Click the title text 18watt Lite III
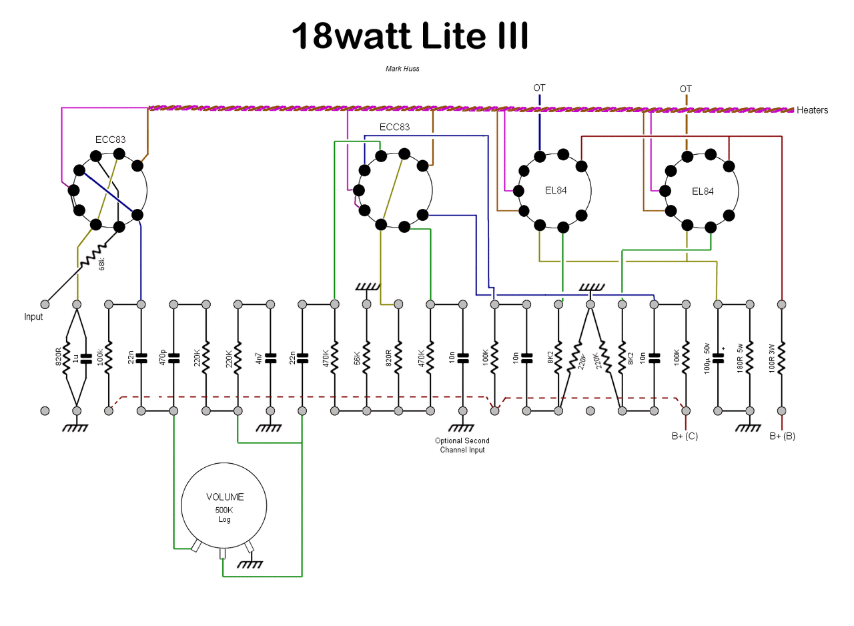(410, 35)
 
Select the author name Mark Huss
(402, 69)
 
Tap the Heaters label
(813, 110)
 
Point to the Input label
(33, 317)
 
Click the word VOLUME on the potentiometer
(225, 497)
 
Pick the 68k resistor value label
(102, 264)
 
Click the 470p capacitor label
(163, 358)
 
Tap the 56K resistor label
(357, 358)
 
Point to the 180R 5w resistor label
(740, 358)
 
